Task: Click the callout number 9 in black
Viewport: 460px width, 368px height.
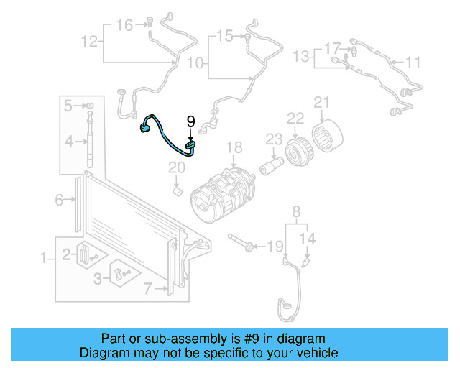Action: [190, 121]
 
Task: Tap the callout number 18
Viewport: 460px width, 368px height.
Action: [235, 148]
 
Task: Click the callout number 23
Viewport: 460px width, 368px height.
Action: [273, 138]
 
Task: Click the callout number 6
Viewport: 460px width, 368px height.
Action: [60, 201]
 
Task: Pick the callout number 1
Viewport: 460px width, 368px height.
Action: [43, 257]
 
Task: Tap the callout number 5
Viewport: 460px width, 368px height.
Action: [68, 106]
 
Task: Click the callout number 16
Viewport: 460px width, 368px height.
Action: [124, 25]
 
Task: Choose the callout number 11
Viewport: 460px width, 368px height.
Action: [412, 63]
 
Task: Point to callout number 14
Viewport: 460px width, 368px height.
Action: [307, 239]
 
